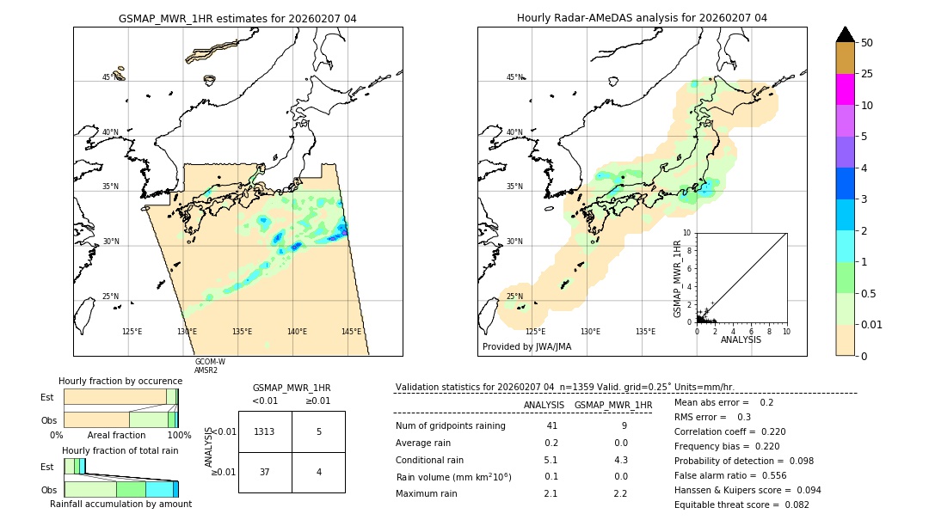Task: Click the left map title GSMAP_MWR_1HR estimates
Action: coord(237,18)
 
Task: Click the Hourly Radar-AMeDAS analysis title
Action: coord(642,18)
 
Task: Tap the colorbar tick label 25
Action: coord(867,74)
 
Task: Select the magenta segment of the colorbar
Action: coord(845,89)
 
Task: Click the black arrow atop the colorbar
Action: coord(845,34)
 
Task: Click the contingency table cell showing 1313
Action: coord(265,431)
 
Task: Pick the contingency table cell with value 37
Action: coord(265,472)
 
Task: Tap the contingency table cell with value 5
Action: coord(318,431)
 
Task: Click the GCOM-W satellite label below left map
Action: coord(210,362)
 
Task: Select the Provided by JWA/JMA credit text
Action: coord(526,346)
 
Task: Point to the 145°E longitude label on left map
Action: coord(351,332)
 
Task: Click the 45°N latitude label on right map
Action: coord(514,77)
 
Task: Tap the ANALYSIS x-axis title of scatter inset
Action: coord(741,339)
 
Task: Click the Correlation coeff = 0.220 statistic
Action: coord(730,432)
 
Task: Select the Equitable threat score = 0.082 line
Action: coord(741,505)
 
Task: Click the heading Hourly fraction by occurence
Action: coord(120,381)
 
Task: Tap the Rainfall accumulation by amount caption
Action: coord(120,504)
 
